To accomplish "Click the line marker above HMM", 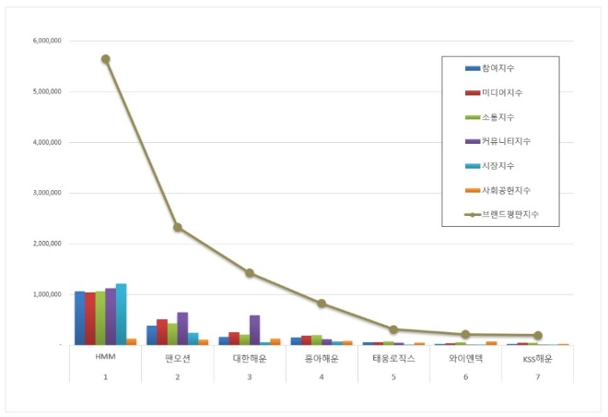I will pos(106,59).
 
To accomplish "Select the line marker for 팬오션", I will pos(178,227).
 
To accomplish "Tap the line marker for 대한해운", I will pos(250,273).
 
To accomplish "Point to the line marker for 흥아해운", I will pos(322,303).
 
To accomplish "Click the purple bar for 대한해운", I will pos(254,329).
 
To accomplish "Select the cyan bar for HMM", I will pos(121,314).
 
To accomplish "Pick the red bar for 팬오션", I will pos(162,332).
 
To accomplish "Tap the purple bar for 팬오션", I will pos(182,328).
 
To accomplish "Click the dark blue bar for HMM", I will pos(80,317).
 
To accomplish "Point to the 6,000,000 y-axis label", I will pos(46,42).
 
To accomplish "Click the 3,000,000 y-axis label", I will pos(46,194).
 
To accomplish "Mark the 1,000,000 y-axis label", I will pos(46,294).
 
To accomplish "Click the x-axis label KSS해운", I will pos(537,358).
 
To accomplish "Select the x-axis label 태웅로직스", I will pos(393,358).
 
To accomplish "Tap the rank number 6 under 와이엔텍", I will pos(465,376).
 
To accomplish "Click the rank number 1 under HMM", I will pos(106,376).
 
